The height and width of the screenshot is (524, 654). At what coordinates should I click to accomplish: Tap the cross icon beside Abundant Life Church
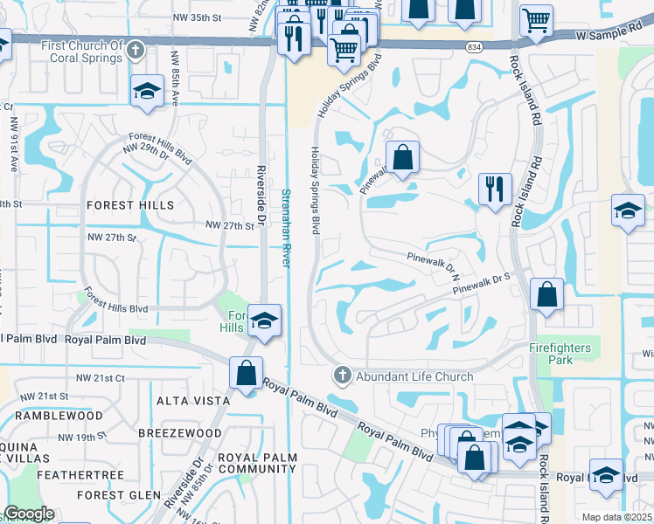[x=342, y=376]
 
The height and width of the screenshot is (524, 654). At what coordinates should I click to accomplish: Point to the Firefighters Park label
[x=560, y=354]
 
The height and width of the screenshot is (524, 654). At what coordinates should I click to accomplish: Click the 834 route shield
[x=498, y=46]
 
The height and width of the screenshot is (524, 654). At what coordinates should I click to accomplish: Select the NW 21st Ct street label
[x=101, y=377]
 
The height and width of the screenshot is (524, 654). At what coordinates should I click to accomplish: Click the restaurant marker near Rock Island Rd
[x=495, y=188]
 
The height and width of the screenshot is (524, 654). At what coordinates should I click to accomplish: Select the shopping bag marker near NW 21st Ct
[x=246, y=373]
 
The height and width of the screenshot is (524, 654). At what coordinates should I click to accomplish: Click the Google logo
[x=28, y=514]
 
